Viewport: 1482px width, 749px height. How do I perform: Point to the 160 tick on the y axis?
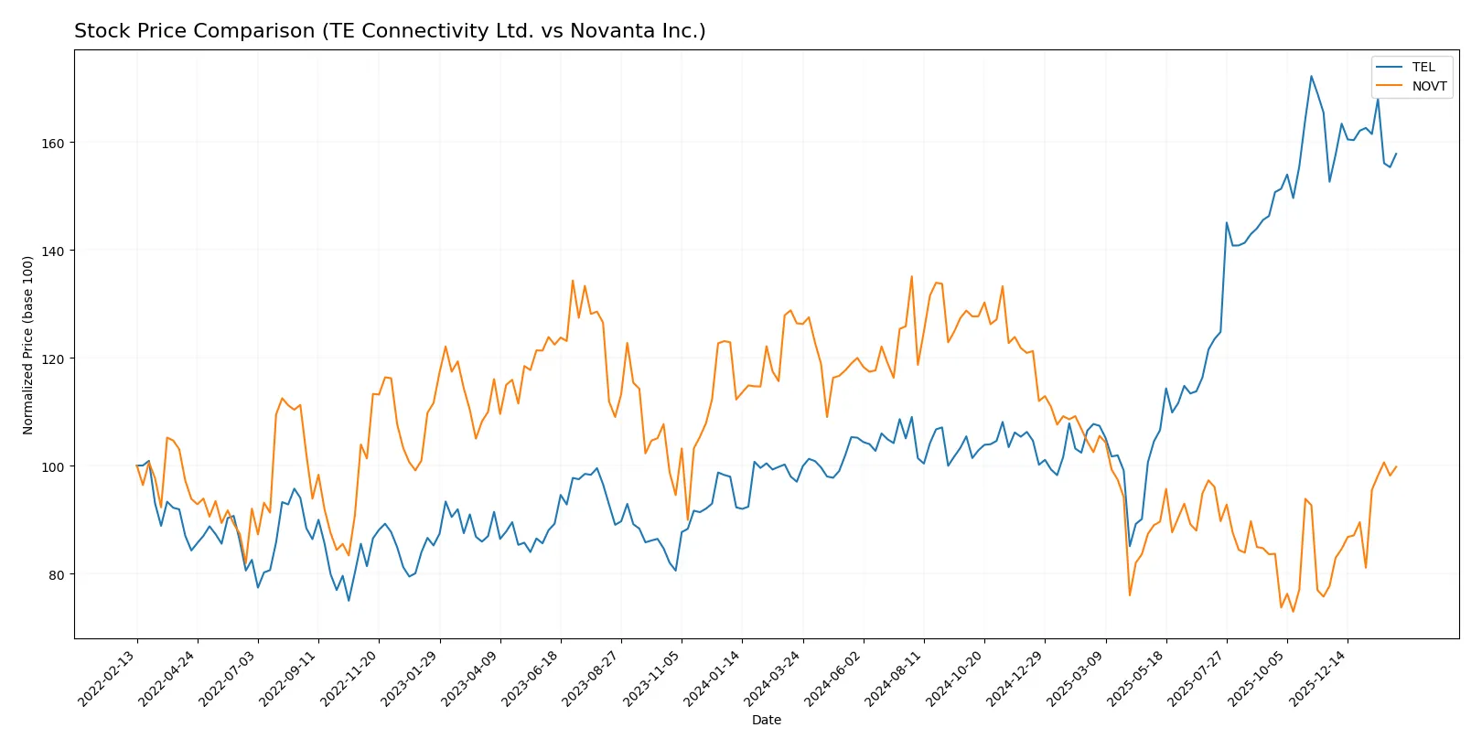pyautogui.click(x=53, y=144)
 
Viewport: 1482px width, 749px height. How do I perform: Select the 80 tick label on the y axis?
pyautogui.click(x=56, y=575)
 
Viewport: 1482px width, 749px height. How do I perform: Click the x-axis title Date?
pyautogui.click(x=766, y=720)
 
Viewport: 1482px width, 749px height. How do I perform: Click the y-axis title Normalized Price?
pyautogui.click(x=28, y=345)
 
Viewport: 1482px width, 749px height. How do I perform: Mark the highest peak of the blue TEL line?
pyautogui.click(x=1311, y=76)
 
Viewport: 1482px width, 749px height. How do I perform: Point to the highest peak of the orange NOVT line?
pyautogui.click(x=911, y=276)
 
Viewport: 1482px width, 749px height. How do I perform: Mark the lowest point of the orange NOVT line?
pyautogui.click(x=1293, y=612)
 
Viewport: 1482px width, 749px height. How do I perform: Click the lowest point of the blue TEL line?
pyautogui.click(x=349, y=601)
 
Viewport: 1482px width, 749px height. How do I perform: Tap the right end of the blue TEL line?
pyautogui.click(x=1396, y=154)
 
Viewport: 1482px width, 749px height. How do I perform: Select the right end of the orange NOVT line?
pyautogui.click(x=1396, y=466)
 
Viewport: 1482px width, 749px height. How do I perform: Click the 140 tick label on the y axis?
pyautogui.click(x=53, y=251)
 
